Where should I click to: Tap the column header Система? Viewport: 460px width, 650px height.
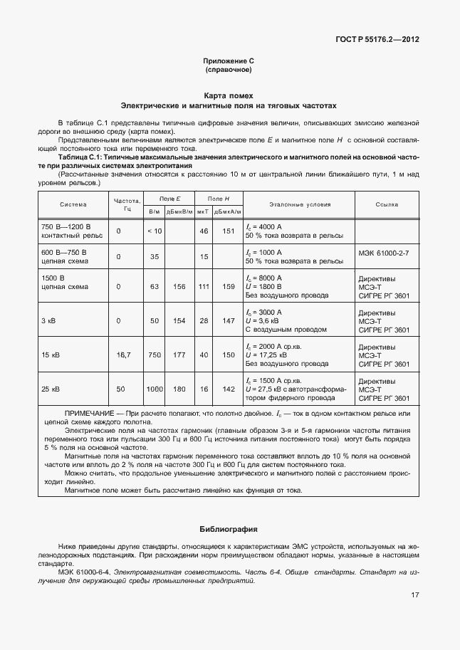[73, 204]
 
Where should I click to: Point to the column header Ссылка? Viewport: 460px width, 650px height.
[387, 204]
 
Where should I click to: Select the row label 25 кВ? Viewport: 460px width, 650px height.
[51, 389]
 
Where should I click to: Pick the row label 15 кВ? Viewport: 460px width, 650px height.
[51, 354]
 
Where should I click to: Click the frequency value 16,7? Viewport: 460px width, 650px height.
[125, 354]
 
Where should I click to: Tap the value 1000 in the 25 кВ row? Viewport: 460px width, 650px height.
[155, 389]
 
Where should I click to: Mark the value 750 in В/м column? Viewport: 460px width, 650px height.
[155, 354]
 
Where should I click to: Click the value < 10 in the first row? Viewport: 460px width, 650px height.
[155, 231]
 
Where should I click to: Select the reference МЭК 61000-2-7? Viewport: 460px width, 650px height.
[388, 253]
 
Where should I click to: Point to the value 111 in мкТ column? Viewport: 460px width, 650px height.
[204, 287]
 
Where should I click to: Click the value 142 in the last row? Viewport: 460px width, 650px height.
[229, 389]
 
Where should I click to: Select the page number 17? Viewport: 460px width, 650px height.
[414, 595]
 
